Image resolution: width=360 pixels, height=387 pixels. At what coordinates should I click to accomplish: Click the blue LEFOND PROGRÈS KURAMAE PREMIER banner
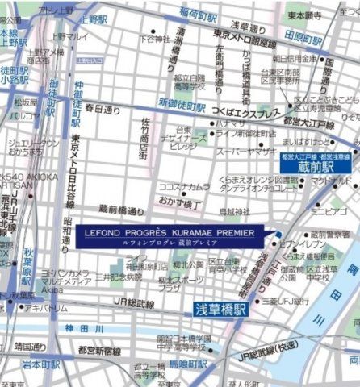tap(168, 235)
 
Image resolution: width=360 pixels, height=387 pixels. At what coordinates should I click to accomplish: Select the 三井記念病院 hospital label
tap(119, 276)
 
